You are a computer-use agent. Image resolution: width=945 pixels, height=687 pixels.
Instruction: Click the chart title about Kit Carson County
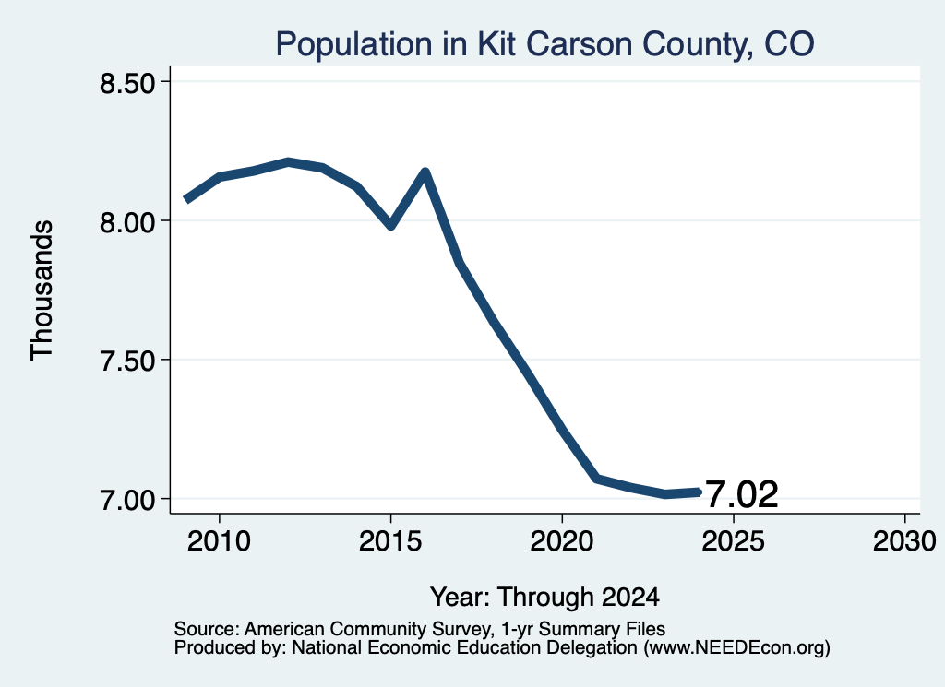[x=544, y=44]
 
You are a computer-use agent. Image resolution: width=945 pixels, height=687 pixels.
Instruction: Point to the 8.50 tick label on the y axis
[x=128, y=82]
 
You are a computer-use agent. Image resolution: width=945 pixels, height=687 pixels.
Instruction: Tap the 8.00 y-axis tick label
[x=128, y=221]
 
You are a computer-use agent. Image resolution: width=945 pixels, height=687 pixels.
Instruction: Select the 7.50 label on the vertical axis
[x=128, y=361]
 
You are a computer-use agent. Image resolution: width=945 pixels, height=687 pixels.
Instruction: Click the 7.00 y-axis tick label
[x=128, y=500]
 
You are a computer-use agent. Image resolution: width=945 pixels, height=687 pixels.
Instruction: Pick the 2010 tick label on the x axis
[x=219, y=541]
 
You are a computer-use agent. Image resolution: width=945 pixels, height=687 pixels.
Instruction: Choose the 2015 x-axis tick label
[x=390, y=541]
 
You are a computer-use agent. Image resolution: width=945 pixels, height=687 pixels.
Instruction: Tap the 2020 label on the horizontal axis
[x=562, y=541]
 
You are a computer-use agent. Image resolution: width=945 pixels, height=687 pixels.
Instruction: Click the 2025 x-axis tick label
[x=734, y=541]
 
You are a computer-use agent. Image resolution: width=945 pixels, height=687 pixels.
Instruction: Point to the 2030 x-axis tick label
[x=904, y=541]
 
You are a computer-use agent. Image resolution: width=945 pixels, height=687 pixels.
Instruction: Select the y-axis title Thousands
[x=42, y=290]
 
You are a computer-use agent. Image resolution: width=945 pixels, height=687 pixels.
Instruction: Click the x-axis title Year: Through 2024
[x=544, y=598]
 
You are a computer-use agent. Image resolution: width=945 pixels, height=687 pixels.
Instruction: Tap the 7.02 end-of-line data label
[x=741, y=495]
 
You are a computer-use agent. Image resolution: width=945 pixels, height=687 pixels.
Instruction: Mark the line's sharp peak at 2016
[x=425, y=172]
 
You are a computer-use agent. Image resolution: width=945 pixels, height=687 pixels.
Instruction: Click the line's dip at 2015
[x=391, y=226]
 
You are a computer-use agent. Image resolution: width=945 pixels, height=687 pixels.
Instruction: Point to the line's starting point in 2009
[x=186, y=199]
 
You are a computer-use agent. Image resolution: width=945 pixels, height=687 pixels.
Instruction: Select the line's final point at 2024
[x=699, y=492]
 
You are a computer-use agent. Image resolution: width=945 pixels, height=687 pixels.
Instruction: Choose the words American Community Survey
[x=367, y=629]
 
